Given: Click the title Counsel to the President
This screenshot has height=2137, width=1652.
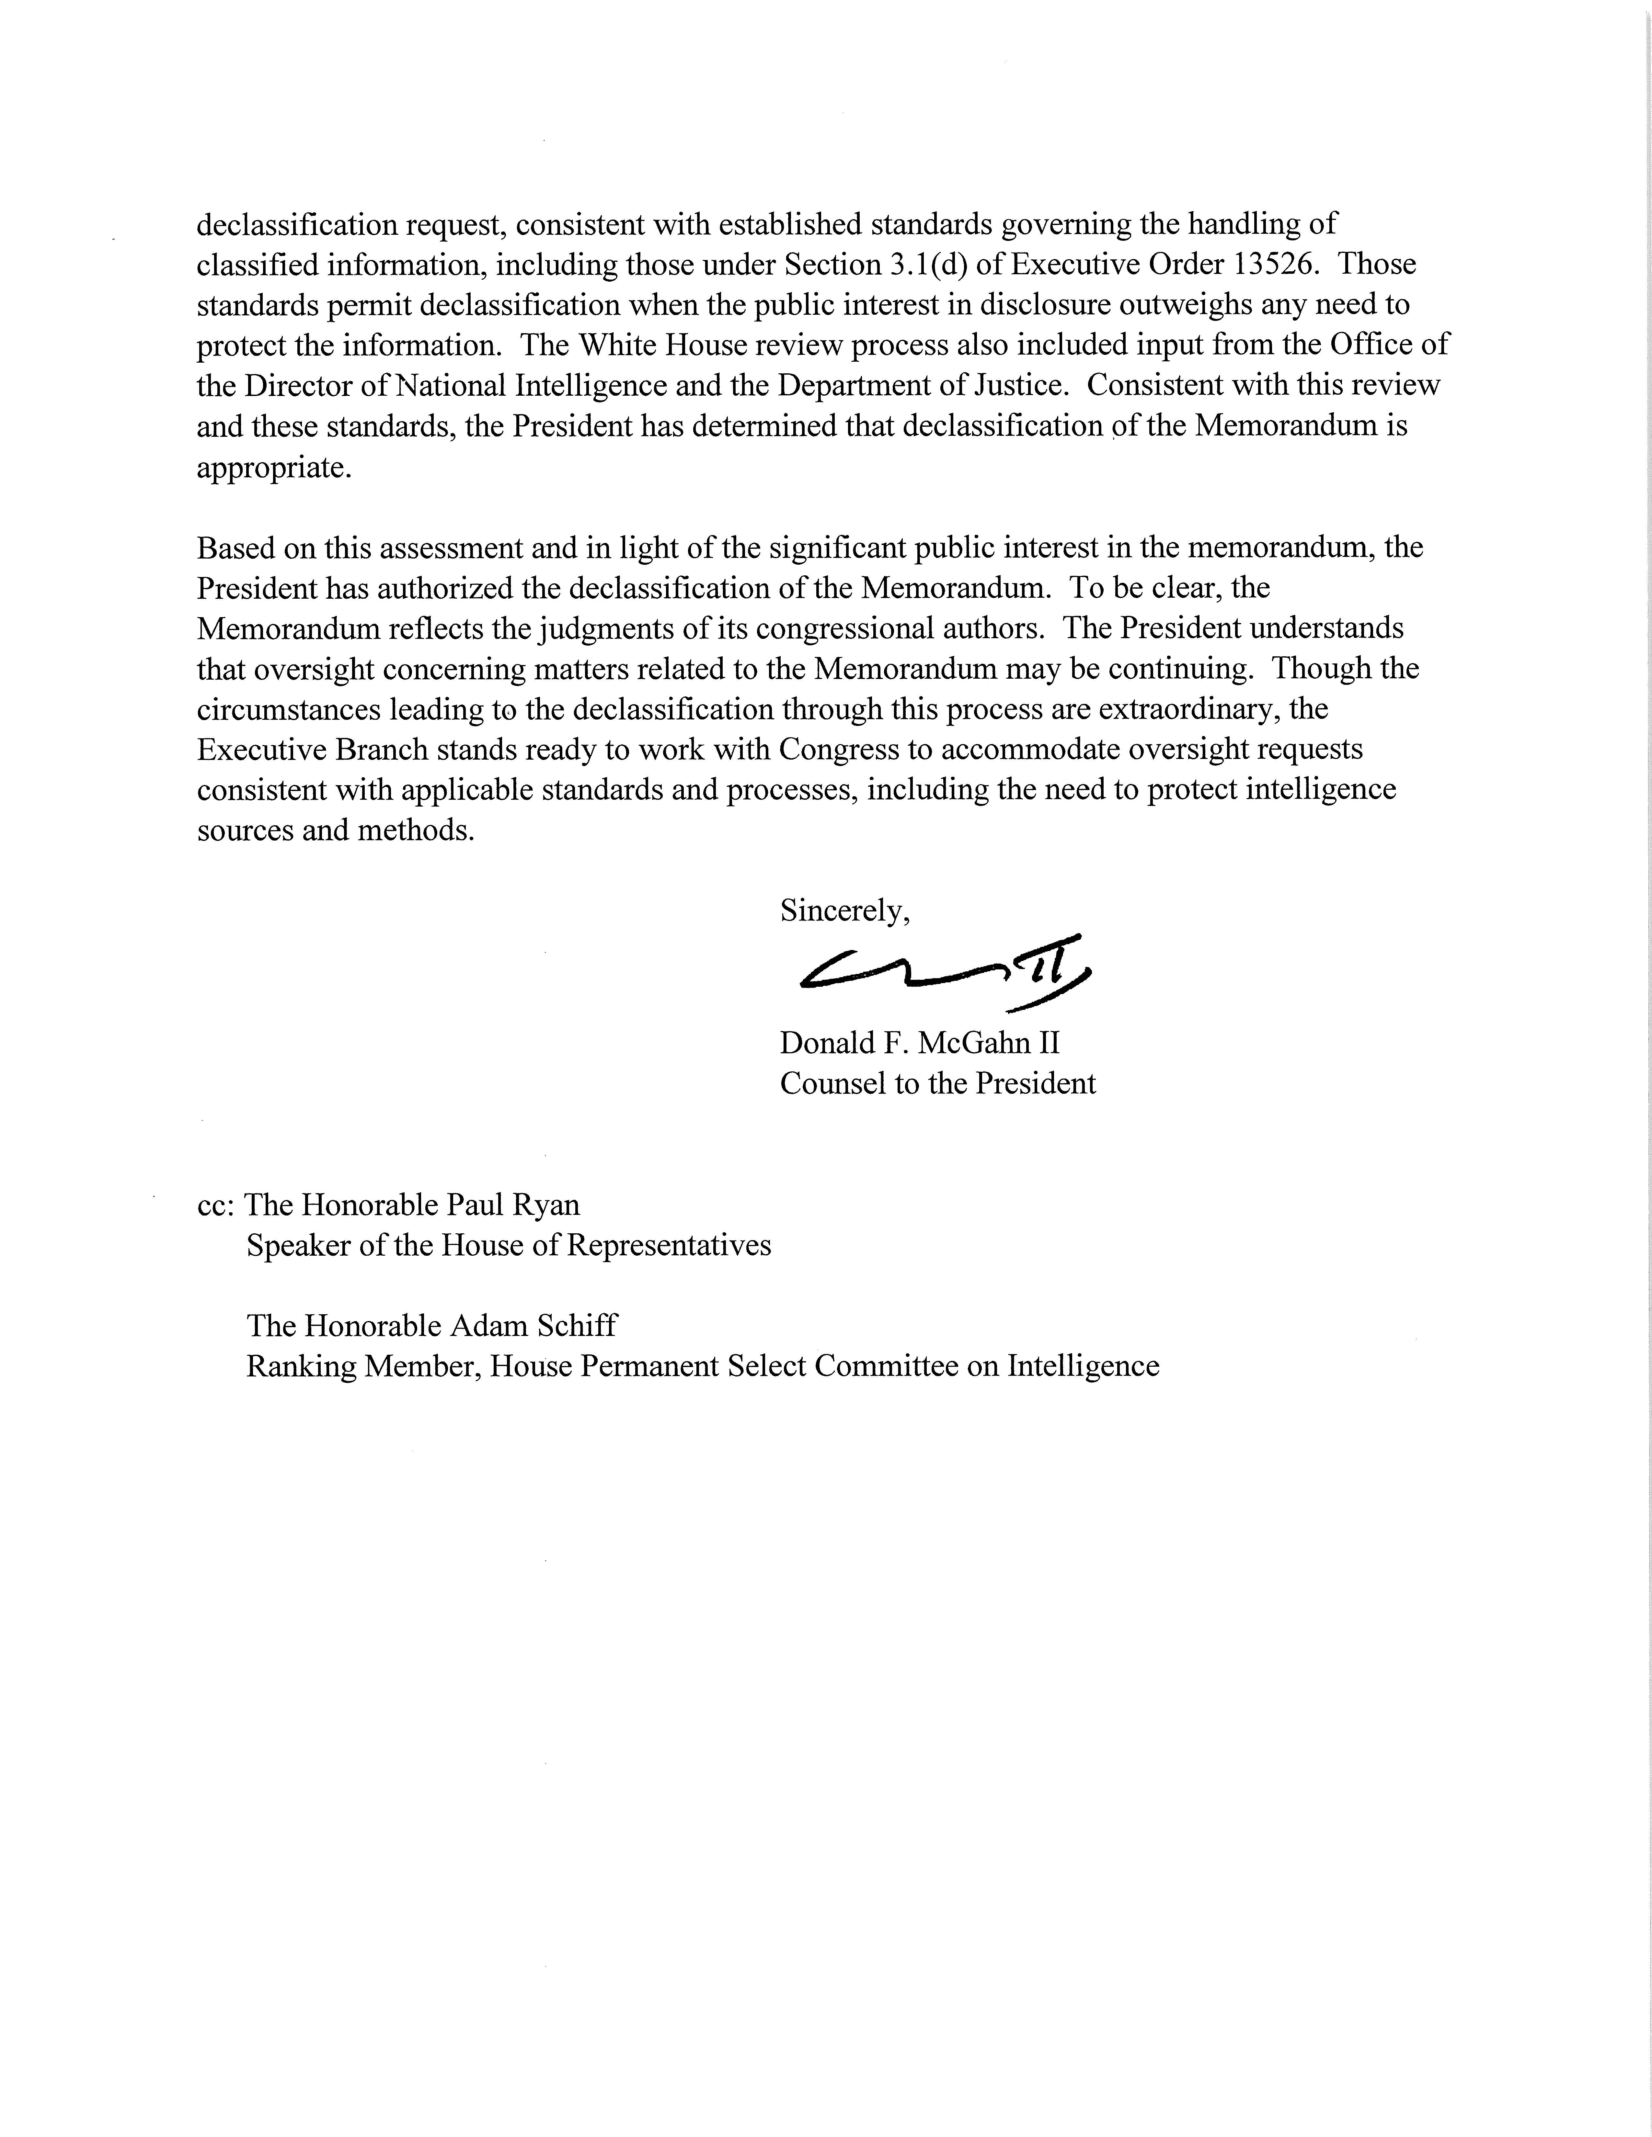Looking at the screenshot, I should (x=937, y=1083).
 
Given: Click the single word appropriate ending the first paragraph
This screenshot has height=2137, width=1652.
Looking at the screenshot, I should (x=273, y=469).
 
